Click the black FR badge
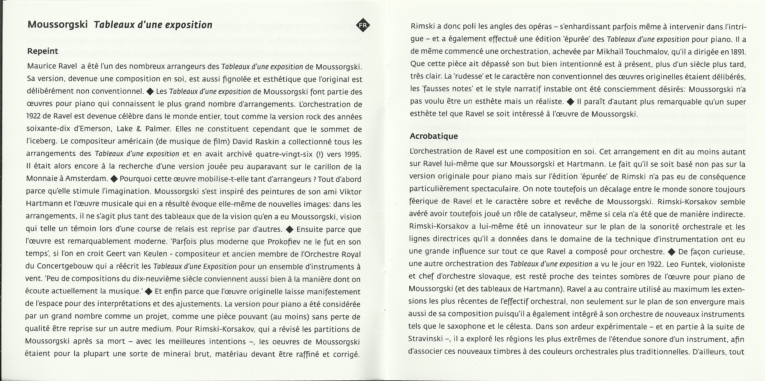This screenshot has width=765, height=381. tap(363, 26)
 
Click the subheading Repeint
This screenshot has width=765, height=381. tap(42, 51)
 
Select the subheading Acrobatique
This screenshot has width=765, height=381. tap(434, 136)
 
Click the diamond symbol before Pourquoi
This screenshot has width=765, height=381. tap(114, 179)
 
